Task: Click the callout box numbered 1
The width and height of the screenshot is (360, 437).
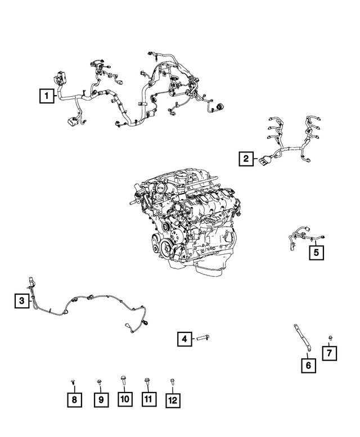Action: point(47,96)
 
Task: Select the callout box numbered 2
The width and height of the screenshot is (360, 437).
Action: point(245,159)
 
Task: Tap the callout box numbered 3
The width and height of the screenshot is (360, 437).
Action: point(21,301)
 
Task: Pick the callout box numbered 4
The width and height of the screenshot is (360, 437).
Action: point(183,339)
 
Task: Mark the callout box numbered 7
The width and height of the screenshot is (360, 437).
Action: point(330,353)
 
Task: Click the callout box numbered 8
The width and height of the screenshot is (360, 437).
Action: point(74,400)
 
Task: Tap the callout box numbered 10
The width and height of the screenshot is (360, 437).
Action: point(124,399)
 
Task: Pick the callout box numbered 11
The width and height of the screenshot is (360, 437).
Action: point(148,399)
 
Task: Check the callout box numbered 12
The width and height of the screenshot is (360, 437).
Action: point(173,400)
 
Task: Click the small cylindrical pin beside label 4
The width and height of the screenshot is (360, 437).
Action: point(202,339)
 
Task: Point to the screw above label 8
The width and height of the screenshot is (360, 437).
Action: point(73,382)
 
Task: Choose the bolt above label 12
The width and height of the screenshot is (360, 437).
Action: point(172,382)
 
